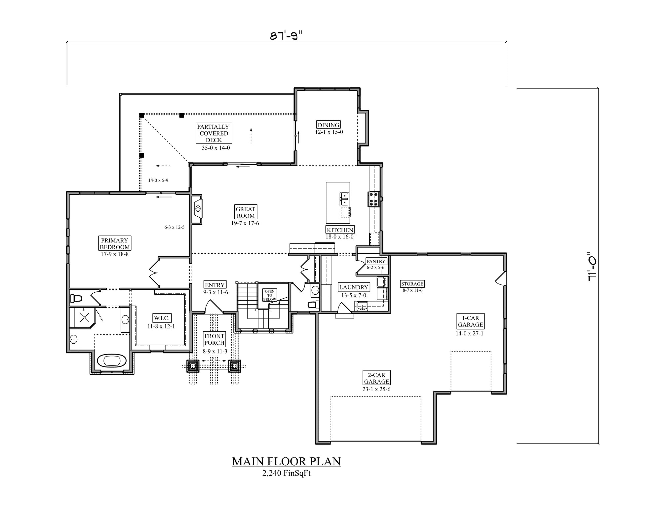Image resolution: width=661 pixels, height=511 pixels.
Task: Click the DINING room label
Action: click(329, 125)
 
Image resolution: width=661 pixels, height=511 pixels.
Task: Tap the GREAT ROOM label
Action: click(245, 212)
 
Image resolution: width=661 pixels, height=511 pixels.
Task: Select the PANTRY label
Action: click(376, 261)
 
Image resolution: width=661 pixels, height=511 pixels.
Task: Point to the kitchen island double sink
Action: click(344, 199)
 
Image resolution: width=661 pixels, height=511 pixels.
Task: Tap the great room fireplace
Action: click(197, 209)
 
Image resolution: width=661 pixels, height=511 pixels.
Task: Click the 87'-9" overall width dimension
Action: click(286, 35)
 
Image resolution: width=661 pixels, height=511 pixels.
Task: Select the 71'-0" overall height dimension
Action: click(591, 267)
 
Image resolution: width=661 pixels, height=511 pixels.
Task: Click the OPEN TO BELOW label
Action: click(269, 295)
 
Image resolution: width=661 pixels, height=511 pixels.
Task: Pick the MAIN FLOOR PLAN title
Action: click(286, 461)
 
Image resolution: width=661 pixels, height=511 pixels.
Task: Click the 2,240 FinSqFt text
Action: click(286, 473)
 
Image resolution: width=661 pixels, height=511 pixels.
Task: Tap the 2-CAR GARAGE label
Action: click(376, 378)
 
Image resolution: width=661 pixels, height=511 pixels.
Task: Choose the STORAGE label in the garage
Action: click(412, 284)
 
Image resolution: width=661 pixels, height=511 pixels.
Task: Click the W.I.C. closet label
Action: click(162, 318)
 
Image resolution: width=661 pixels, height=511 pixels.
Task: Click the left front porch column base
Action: click(193, 366)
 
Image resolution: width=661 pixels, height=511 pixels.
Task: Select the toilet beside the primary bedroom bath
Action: click(76, 299)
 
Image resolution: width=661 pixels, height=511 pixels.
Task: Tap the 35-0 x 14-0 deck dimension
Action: click(216, 148)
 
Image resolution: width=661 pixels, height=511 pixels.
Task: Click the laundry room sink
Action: click(362, 306)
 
